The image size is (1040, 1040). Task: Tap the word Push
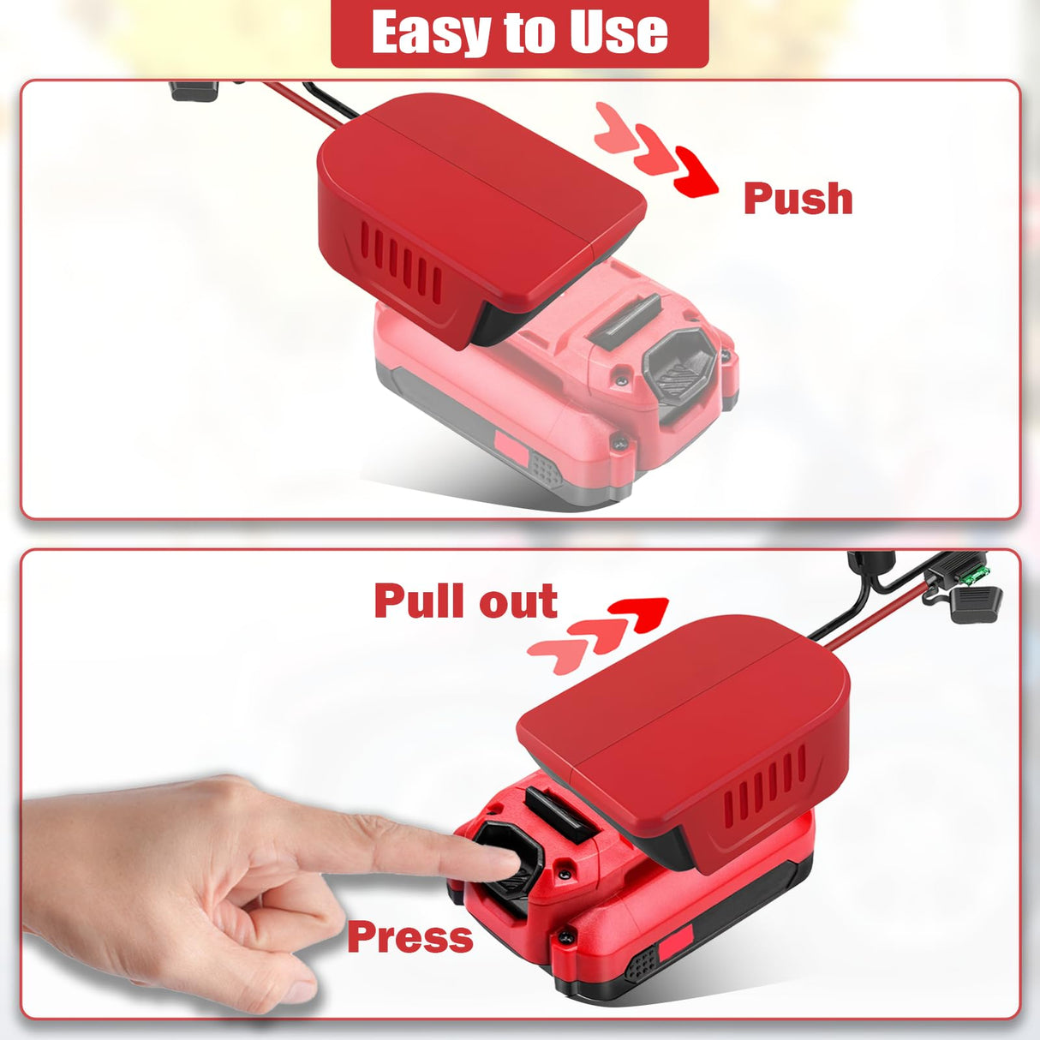(x=798, y=199)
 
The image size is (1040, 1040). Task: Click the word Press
(x=410, y=938)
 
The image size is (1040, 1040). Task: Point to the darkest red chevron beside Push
(x=697, y=171)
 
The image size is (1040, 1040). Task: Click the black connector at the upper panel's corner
(x=194, y=91)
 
